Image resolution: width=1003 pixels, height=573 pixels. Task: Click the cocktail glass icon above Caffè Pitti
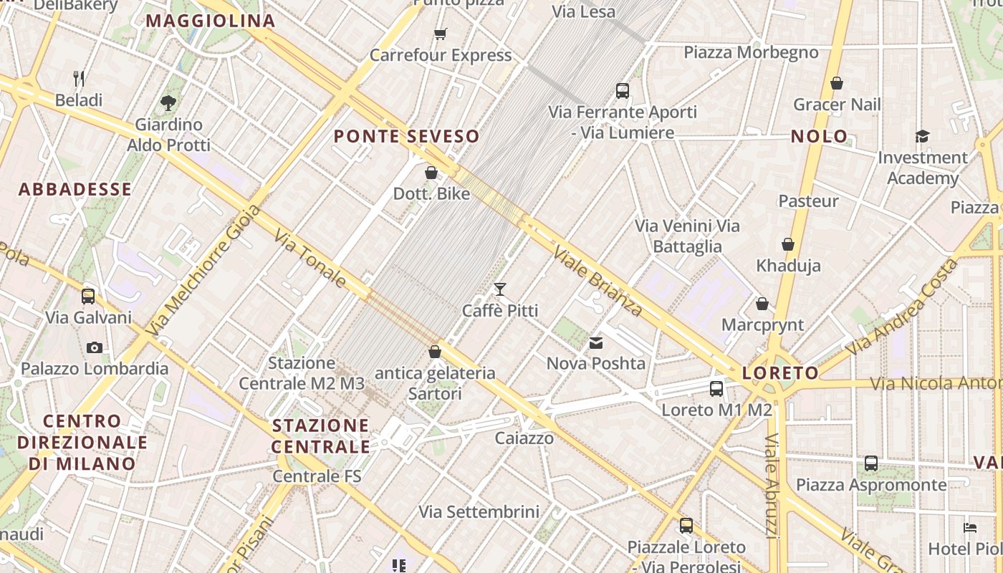(x=500, y=289)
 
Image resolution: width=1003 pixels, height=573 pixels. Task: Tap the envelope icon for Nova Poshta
(x=596, y=343)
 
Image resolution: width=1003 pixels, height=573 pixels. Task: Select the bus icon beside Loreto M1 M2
(x=716, y=389)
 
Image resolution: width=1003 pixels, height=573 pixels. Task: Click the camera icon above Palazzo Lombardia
(x=94, y=348)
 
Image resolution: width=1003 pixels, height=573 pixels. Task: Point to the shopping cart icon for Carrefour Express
(x=441, y=34)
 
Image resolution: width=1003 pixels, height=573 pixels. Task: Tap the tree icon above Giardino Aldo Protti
(x=169, y=103)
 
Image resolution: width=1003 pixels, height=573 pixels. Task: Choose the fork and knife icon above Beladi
(x=79, y=78)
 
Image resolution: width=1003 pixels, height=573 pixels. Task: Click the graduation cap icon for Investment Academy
(x=922, y=136)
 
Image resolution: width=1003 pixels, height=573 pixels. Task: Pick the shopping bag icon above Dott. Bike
(x=431, y=173)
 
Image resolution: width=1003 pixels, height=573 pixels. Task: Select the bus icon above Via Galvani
(x=88, y=296)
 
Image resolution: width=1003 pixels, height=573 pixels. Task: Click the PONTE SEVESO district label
(x=406, y=136)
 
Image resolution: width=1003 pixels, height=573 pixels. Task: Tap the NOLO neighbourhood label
(x=819, y=136)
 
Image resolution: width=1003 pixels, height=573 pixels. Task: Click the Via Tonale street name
(x=310, y=259)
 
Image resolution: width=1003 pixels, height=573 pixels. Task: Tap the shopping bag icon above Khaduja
(x=788, y=244)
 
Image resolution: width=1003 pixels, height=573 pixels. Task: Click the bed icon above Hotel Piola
(x=970, y=528)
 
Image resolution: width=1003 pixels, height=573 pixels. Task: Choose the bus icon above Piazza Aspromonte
(x=870, y=463)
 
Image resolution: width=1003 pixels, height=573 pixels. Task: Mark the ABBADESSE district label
(x=75, y=189)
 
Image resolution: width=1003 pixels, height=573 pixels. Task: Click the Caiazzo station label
(x=524, y=438)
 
